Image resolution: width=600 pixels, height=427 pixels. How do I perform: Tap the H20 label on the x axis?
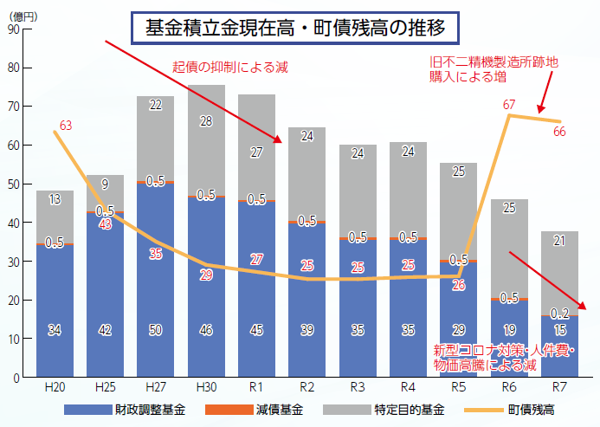pos(55,388)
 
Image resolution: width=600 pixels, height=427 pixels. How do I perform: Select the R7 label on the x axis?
pos(560,388)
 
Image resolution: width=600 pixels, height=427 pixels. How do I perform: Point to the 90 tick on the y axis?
pos(12,29)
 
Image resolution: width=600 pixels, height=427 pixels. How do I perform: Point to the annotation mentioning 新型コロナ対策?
pos(486,358)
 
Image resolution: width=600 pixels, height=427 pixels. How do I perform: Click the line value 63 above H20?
pos(66,126)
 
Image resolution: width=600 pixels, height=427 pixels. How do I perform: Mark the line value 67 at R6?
pos(509,105)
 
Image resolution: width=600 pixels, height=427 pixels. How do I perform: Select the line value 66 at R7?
pos(558,132)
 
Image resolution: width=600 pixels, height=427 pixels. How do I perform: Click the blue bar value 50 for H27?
pos(155,329)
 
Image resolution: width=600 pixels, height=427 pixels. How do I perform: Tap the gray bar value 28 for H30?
pos(206,121)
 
